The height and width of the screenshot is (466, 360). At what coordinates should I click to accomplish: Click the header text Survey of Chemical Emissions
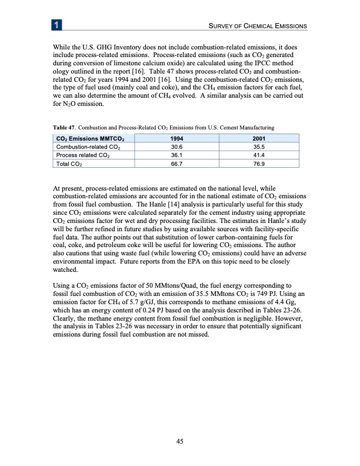[254, 26]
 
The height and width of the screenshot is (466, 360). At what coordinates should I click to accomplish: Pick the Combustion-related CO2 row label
[81, 147]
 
